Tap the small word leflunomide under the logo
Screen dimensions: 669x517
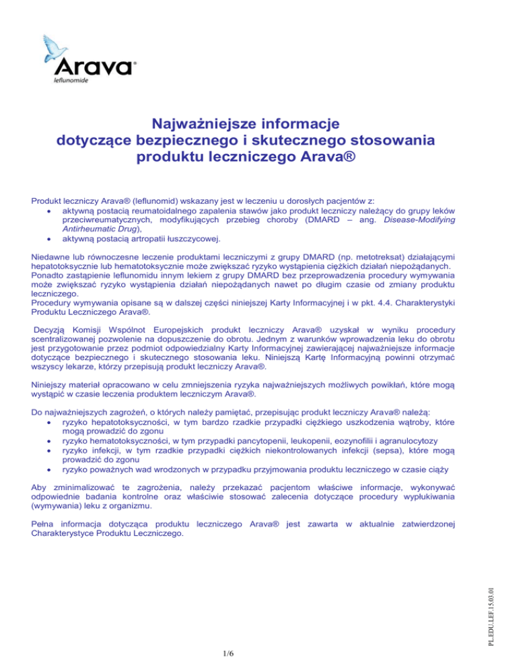tap(70, 79)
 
